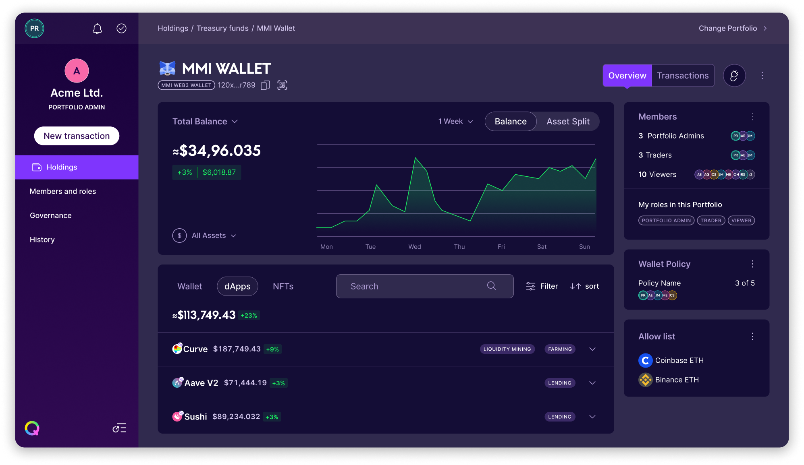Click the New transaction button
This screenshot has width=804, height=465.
pyautogui.click(x=77, y=136)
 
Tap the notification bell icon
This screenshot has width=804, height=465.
pyautogui.click(x=97, y=29)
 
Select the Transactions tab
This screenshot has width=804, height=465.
pyautogui.click(x=682, y=76)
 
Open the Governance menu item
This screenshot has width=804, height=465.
pyautogui.click(x=51, y=215)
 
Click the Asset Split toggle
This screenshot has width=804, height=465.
pyautogui.click(x=568, y=122)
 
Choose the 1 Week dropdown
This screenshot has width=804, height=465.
pyautogui.click(x=455, y=122)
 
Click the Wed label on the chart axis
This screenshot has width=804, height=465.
pyautogui.click(x=414, y=247)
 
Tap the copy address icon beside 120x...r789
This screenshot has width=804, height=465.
pyautogui.click(x=265, y=85)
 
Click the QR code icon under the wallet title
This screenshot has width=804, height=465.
pyautogui.click(x=282, y=85)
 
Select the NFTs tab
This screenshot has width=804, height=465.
pyautogui.click(x=283, y=286)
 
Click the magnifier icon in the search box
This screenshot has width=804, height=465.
pyautogui.click(x=491, y=286)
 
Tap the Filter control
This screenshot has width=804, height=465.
pyautogui.click(x=542, y=286)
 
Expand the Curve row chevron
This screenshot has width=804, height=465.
pyautogui.click(x=592, y=349)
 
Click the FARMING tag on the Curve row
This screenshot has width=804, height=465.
pyautogui.click(x=560, y=349)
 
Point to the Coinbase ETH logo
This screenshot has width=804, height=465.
pyautogui.click(x=645, y=360)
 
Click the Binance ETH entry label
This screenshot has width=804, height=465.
pyautogui.click(x=677, y=380)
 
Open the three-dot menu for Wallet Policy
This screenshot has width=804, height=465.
pyautogui.click(x=752, y=264)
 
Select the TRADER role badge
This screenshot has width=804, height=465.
pyautogui.click(x=711, y=221)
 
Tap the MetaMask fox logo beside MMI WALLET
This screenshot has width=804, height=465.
pyautogui.click(x=167, y=68)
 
